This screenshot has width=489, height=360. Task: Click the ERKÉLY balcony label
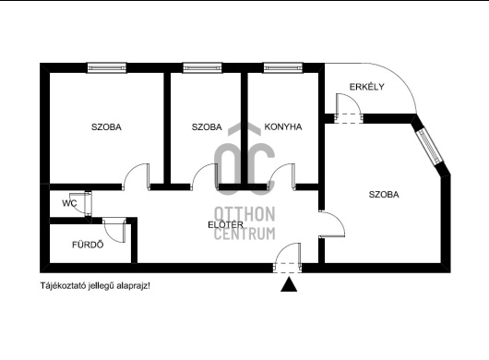[x=366, y=87]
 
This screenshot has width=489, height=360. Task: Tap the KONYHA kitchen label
[x=283, y=126]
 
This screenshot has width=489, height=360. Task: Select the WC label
[x=69, y=203]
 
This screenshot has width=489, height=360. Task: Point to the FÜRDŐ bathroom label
[x=88, y=245]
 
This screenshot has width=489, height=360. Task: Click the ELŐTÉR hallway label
[x=225, y=224]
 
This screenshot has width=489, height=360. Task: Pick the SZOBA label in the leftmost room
[x=106, y=127]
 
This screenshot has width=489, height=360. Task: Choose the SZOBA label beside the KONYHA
[x=207, y=127]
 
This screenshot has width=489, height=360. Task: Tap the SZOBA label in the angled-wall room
[x=384, y=195]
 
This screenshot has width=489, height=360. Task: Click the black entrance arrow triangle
[x=289, y=284]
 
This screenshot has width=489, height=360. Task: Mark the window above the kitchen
[x=283, y=67]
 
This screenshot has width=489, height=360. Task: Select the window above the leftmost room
[x=107, y=67]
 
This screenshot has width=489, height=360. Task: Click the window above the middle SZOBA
[x=202, y=67]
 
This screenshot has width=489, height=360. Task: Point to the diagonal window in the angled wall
[x=429, y=146]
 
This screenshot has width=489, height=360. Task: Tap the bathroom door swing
[x=114, y=230]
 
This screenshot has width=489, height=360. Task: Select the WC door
[x=84, y=203]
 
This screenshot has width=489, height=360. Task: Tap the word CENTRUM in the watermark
[x=244, y=234]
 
